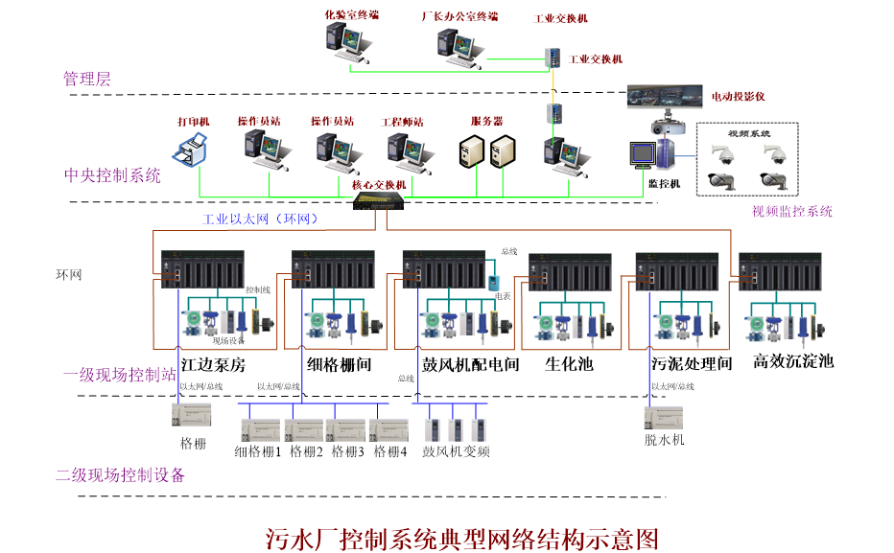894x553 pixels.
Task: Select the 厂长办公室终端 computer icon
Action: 458,44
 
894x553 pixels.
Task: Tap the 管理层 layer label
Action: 87,79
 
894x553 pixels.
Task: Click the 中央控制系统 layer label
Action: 112,175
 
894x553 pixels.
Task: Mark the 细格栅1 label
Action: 258,451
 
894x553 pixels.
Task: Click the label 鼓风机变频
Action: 457,451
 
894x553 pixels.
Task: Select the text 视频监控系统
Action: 792,212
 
